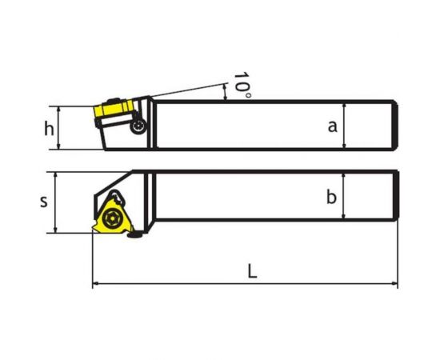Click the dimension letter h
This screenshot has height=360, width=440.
click(x=49, y=129)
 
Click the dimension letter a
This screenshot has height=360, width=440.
click(x=333, y=126)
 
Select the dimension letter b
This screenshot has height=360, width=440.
click(x=331, y=197)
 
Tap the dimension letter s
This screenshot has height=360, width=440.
click(x=44, y=202)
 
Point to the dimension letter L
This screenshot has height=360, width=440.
click(x=252, y=270)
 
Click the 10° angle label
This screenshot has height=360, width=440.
click(x=242, y=85)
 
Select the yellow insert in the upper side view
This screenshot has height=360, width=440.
click(x=114, y=108)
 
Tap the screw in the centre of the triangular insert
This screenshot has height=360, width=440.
click(x=110, y=218)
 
